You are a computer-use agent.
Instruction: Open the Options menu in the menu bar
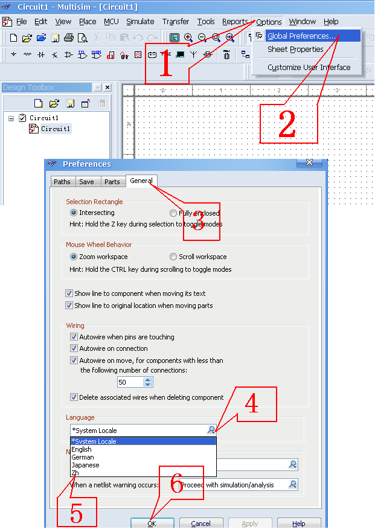coord(269,22)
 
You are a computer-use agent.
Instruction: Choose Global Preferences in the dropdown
coord(301,36)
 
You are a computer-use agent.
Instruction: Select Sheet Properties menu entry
coord(295,50)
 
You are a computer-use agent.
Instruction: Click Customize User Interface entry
coord(309,68)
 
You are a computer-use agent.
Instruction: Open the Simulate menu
coord(140,22)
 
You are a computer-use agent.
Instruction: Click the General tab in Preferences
coord(141,181)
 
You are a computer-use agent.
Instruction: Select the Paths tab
coord(62,182)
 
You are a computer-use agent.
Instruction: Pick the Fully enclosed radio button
coord(173,213)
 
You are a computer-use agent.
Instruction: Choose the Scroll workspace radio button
coord(173,257)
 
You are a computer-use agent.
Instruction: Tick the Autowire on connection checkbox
coord(74,348)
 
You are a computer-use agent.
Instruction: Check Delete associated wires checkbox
coord(74,397)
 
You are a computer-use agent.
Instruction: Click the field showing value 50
coord(130,382)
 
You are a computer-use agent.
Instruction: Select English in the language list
coord(82,449)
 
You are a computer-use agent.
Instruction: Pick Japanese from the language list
coord(85,465)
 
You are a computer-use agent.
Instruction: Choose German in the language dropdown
coord(83,457)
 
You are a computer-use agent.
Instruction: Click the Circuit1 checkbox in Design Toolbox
coord(23,118)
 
